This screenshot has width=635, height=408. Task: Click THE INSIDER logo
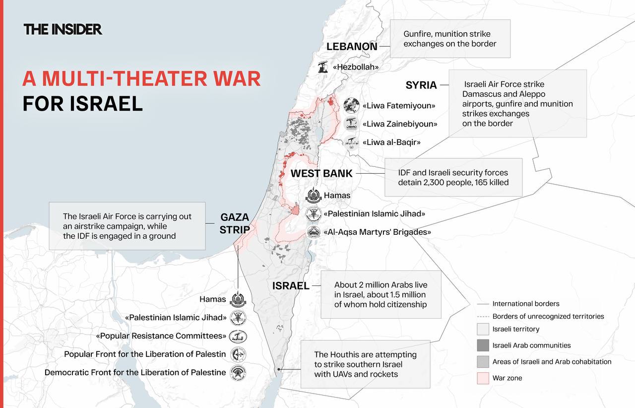pyautogui.click(x=63, y=29)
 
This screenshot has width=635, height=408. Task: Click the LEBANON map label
pyautogui.click(x=352, y=47)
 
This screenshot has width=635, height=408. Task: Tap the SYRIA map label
pyautogui.click(x=421, y=85)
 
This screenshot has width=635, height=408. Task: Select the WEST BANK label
pyautogui.click(x=321, y=173)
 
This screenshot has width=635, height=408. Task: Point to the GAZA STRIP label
pyautogui.click(x=235, y=223)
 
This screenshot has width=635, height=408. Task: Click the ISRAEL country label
pyautogui.click(x=291, y=286)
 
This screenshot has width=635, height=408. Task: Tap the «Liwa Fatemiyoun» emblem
pyautogui.click(x=351, y=106)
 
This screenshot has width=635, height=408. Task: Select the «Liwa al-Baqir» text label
pyautogui.click(x=391, y=142)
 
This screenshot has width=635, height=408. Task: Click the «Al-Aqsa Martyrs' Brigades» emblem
pyautogui.click(x=314, y=232)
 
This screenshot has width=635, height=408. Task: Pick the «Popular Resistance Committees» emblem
pyautogui.click(x=238, y=337)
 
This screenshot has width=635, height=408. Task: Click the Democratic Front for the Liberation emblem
pyautogui.click(x=238, y=373)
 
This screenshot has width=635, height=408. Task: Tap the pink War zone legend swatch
pyautogui.click(x=483, y=378)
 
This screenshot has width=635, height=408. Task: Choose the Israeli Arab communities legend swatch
pyautogui.click(x=483, y=345)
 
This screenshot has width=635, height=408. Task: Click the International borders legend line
pyautogui.click(x=483, y=304)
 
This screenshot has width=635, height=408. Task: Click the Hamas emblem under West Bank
pyautogui.click(x=314, y=196)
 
